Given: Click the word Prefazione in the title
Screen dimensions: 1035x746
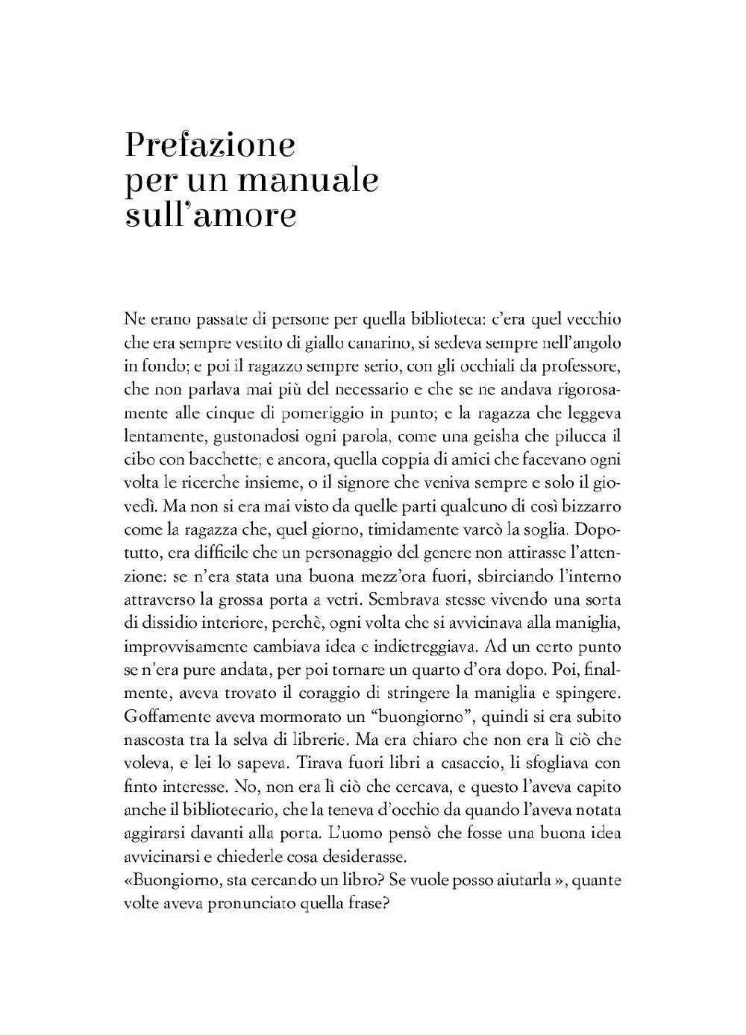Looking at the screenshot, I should tap(210, 145).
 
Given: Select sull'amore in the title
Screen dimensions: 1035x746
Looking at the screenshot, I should tap(211, 216).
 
